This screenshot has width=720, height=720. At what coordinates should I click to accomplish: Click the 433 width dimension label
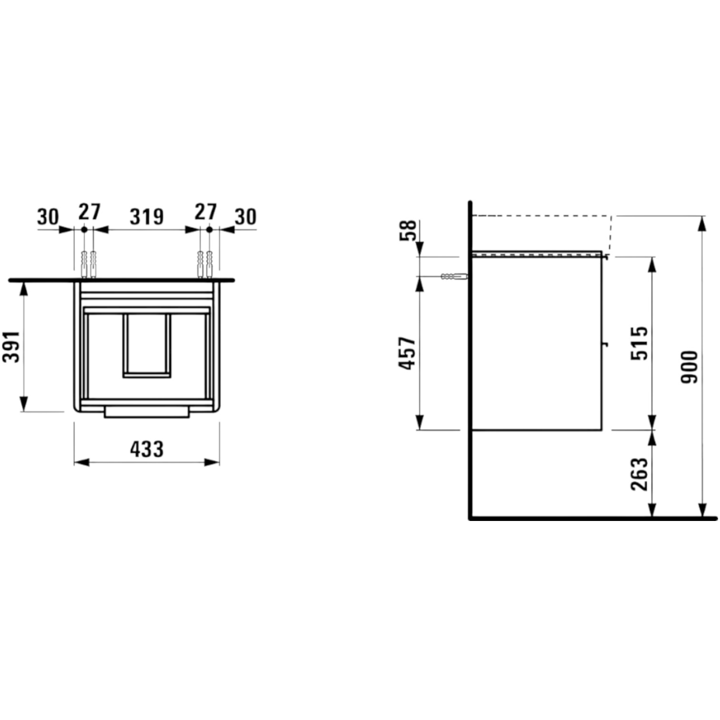click(147, 449)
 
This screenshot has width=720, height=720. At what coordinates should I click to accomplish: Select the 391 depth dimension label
click(12, 346)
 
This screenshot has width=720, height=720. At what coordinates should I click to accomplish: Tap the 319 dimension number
click(147, 217)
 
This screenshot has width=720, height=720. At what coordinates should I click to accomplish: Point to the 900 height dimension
click(689, 367)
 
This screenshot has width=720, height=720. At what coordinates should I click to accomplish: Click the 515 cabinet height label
click(640, 343)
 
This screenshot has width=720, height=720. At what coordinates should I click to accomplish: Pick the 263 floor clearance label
click(640, 474)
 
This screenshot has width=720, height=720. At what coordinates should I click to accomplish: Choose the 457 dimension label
click(408, 353)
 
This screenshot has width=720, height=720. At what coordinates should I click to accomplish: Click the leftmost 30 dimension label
click(48, 217)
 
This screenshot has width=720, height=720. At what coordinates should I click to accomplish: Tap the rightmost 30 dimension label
click(246, 217)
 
